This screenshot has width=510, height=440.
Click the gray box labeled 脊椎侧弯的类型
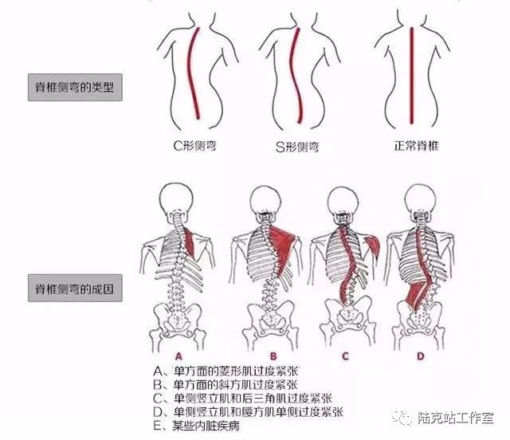[x=75, y=87]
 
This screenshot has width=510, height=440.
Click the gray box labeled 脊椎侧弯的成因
[x=75, y=288]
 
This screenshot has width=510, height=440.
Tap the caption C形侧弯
[x=194, y=146]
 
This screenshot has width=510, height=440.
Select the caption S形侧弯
[x=297, y=147]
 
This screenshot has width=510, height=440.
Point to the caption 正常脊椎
[x=416, y=146]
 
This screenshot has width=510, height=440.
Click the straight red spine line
[x=411, y=76]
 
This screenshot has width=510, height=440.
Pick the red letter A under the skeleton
[x=178, y=356]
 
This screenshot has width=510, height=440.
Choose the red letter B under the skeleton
[x=273, y=356]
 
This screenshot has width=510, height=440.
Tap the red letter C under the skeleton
[x=345, y=356]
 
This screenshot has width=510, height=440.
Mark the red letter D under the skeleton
[x=421, y=356]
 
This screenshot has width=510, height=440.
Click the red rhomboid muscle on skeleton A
[x=190, y=242]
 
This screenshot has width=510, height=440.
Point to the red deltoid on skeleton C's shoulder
[x=373, y=246]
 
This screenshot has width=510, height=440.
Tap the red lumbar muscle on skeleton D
[x=418, y=294]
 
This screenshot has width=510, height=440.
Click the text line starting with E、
[x=197, y=426]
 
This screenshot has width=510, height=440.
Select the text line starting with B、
[x=226, y=385]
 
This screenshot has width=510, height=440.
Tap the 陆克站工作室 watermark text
[x=456, y=418]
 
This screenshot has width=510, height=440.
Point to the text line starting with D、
[x=248, y=412]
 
